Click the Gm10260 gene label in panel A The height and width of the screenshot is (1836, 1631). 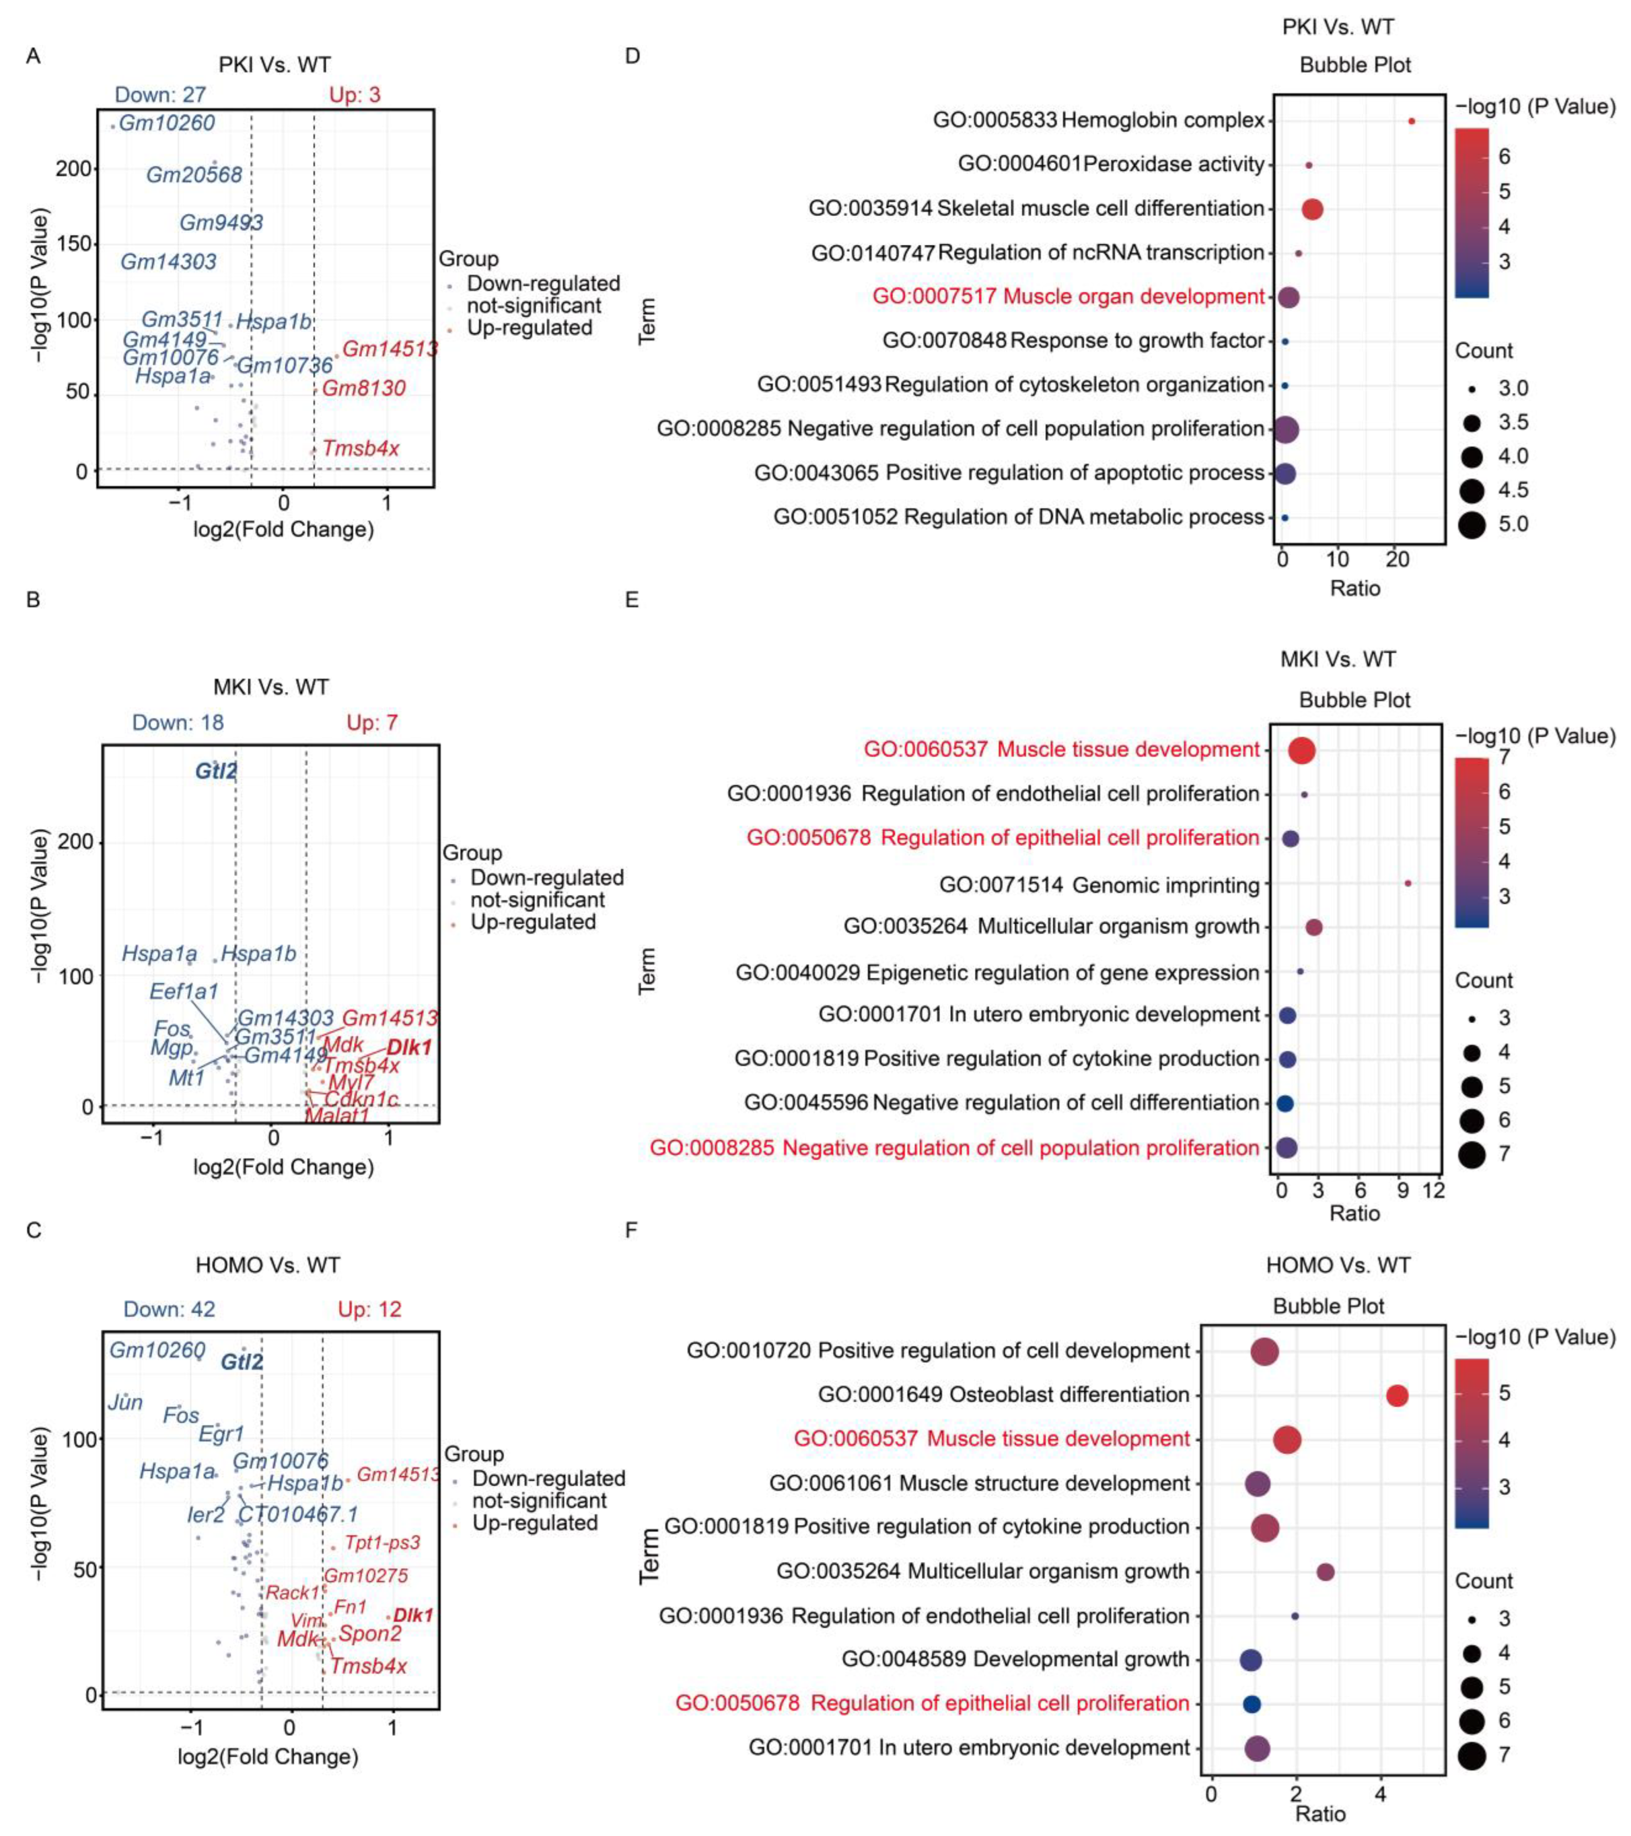click(167, 123)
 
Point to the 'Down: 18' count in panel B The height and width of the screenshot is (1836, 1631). click(178, 722)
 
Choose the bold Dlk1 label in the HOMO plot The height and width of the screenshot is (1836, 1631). click(413, 1615)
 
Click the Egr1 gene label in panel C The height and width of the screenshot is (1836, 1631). click(221, 1434)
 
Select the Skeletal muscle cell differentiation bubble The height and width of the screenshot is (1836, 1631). click(1312, 209)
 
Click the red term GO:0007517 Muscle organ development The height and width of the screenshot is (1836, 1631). click(1068, 296)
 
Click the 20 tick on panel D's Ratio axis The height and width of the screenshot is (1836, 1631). click(1398, 560)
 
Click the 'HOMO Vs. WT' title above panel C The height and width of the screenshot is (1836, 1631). click(268, 1266)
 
